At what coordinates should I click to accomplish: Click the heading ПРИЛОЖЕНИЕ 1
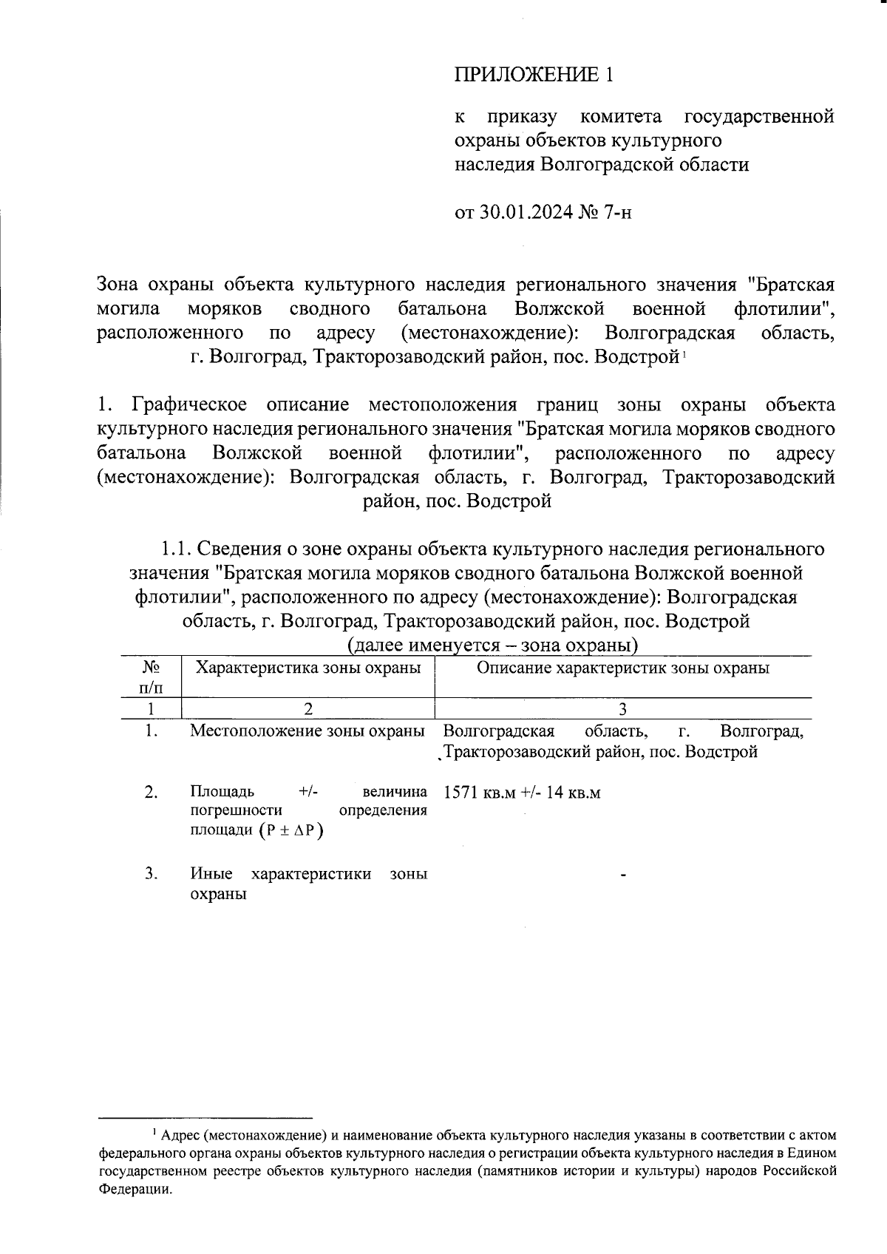point(534,74)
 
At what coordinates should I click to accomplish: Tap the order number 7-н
point(619,213)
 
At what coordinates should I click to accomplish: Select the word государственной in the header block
point(759,117)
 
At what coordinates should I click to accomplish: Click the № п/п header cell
point(151,677)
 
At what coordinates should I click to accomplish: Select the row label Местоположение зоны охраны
point(307,731)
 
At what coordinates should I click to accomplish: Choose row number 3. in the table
point(152,873)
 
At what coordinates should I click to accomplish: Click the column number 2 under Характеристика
point(307,708)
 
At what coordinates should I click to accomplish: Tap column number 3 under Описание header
point(623,708)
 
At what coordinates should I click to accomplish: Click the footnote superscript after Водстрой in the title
point(684,354)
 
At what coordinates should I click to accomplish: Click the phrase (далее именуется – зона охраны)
point(492,645)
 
